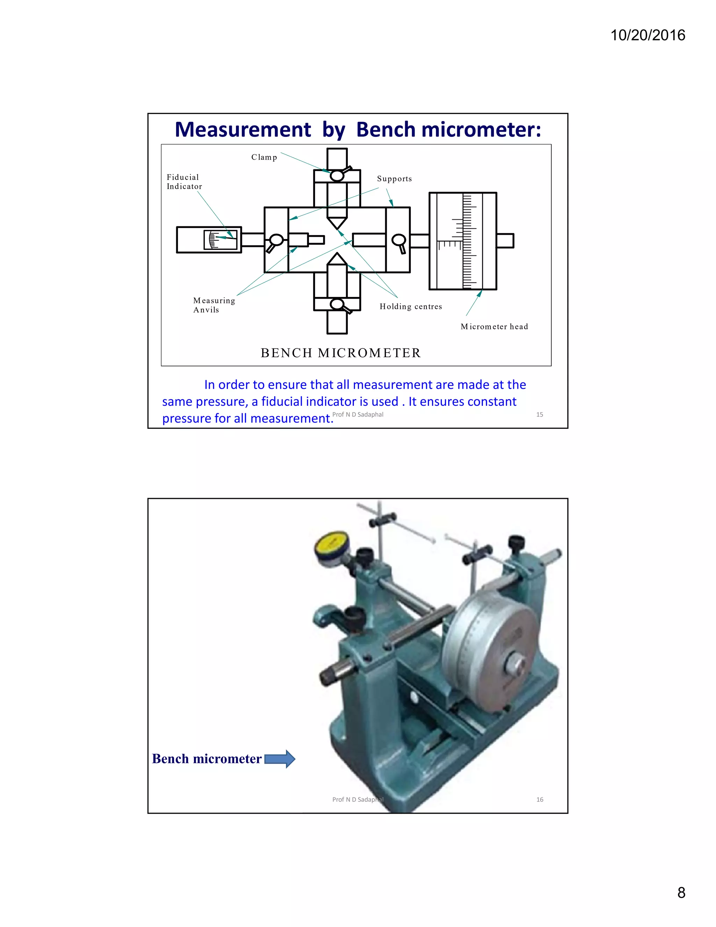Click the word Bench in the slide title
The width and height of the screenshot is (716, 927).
point(386,129)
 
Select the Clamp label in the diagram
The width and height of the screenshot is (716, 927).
point(264,157)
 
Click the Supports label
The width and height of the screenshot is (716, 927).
point(394,179)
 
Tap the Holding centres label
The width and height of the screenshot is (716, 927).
point(410,306)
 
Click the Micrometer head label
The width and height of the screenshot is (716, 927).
point(494,326)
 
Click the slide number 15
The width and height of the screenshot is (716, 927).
point(539,415)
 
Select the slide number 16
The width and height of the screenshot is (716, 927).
point(539,800)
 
